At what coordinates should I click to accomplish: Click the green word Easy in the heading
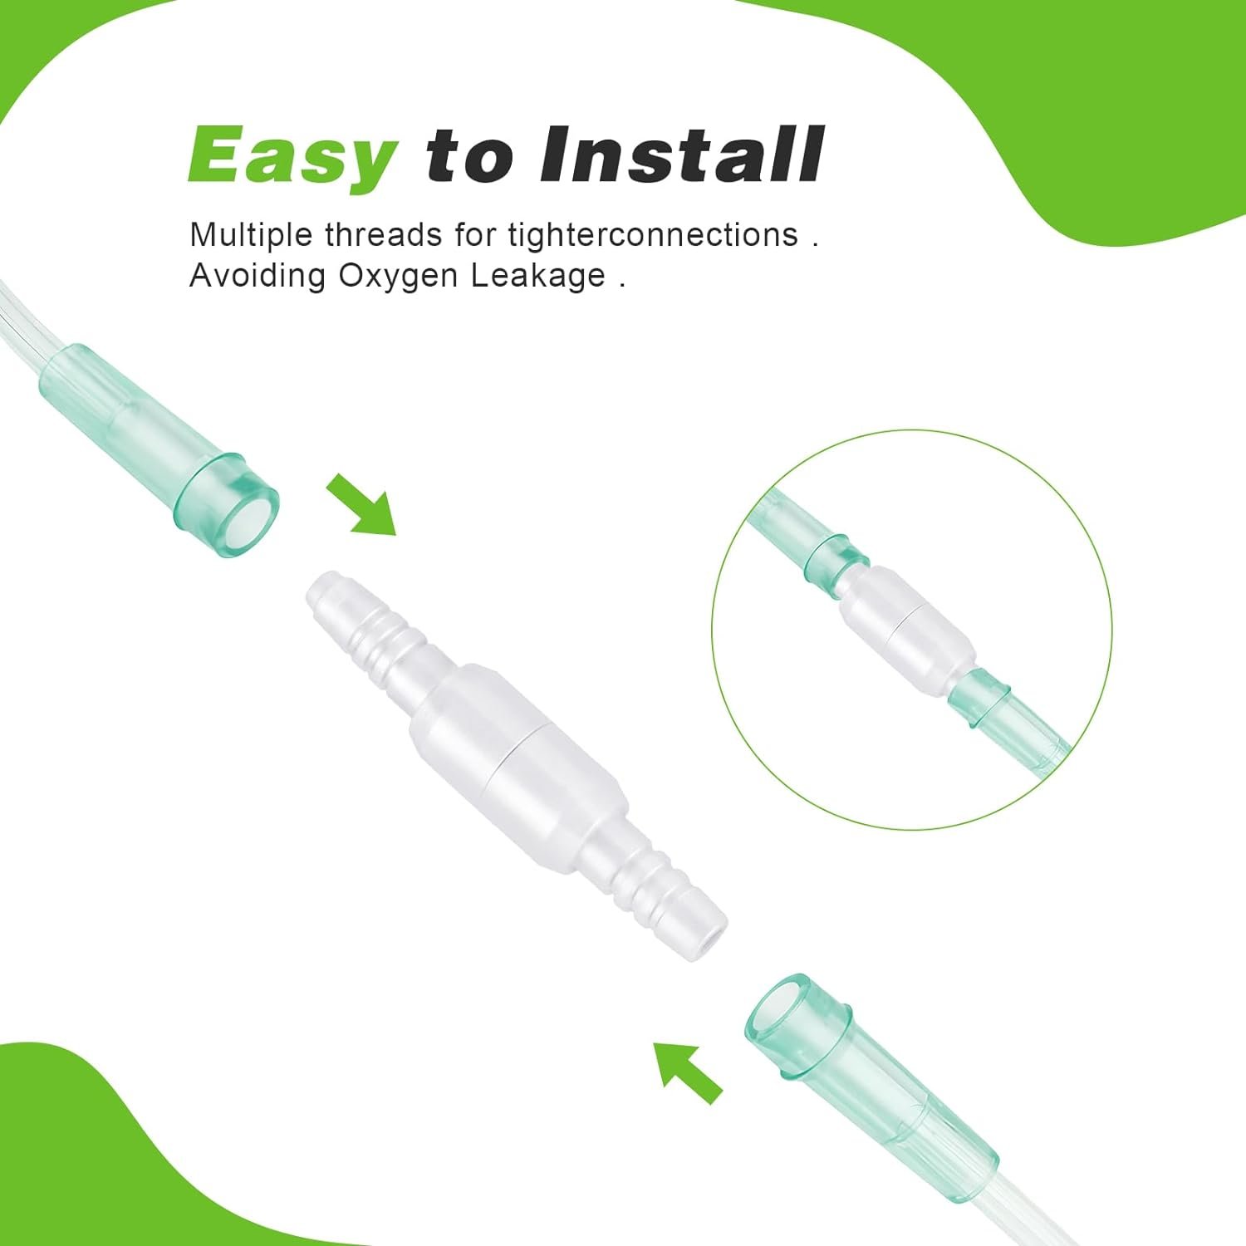[292, 155]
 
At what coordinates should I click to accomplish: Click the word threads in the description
[383, 235]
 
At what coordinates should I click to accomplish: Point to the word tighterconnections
[653, 235]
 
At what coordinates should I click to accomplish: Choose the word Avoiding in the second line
[257, 276]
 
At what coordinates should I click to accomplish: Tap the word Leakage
[538, 277]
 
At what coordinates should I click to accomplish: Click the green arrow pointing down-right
[361, 504]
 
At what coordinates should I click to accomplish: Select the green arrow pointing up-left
[686, 1072]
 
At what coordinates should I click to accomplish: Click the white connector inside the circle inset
[905, 623]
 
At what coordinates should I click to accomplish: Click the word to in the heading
[468, 155]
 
